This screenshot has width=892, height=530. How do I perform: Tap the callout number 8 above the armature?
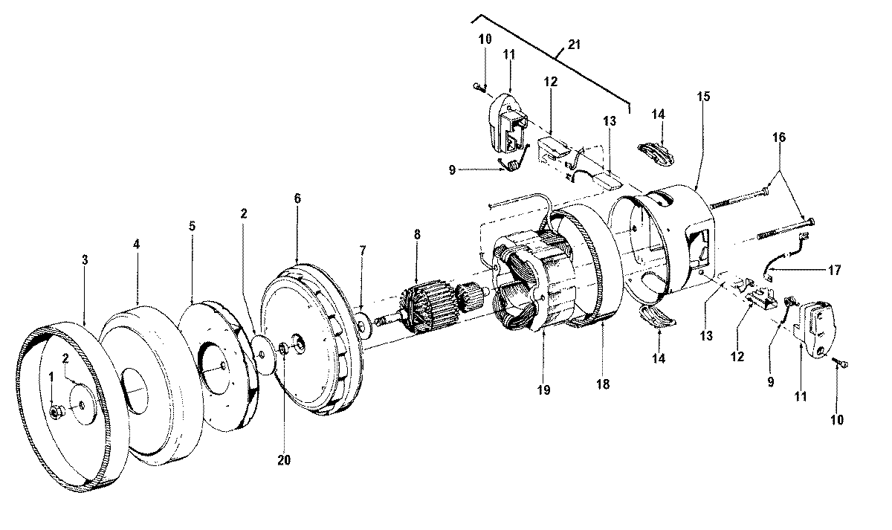[417, 234]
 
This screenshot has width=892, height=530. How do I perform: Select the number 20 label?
[284, 459]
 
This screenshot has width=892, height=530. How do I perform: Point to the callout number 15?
[703, 97]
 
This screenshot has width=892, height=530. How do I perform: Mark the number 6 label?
[297, 198]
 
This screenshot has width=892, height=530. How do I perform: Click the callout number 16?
[778, 138]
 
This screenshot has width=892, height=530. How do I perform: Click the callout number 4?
[137, 244]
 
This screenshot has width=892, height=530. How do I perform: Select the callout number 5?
[193, 224]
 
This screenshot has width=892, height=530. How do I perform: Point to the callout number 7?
[362, 251]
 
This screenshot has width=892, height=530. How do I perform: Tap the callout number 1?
[51, 378]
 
